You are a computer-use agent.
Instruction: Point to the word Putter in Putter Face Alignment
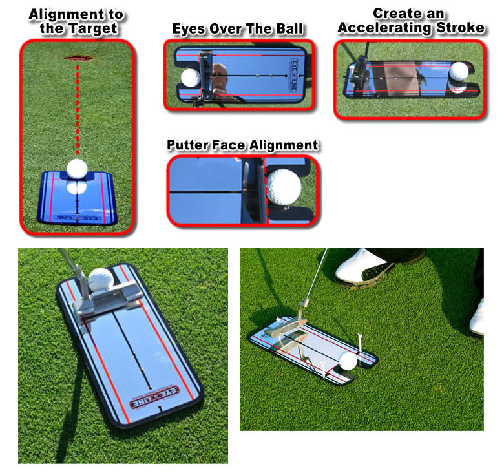[189, 144]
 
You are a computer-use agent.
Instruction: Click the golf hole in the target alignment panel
[78, 58]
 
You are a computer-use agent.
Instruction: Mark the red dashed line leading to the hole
[78, 110]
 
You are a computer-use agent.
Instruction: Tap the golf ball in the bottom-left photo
[101, 280]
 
